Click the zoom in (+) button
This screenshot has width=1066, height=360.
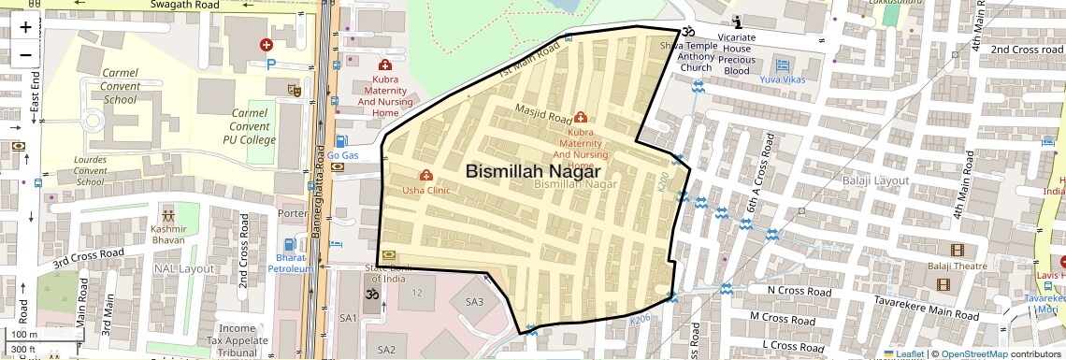click(25, 27)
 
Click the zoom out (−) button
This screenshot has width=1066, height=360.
click(25, 54)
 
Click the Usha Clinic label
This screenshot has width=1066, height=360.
click(426, 190)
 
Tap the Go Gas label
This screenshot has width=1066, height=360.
click(343, 155)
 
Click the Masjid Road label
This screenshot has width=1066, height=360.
click(543, 115)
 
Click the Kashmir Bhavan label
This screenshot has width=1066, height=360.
click(168, 235)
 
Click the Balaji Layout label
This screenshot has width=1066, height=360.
click(874, 180)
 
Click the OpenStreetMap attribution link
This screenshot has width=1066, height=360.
click(974, 353)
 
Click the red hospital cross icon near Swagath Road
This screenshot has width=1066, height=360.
click(266, 44)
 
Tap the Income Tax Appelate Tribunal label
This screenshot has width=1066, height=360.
click(238, 340)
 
